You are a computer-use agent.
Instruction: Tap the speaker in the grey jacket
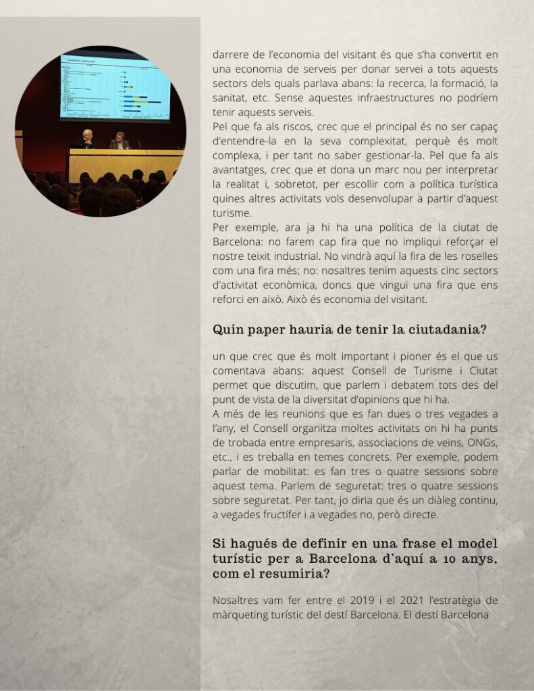119,141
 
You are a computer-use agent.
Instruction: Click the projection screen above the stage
114,88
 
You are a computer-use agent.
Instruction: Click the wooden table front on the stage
126,165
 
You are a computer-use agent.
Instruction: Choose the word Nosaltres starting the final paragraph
235,599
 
